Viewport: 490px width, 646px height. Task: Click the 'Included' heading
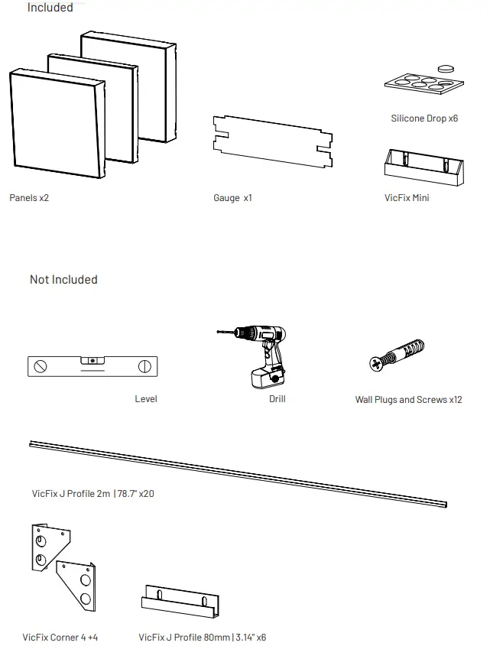tap(50, 8)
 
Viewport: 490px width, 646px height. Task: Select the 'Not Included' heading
tap(63, 280)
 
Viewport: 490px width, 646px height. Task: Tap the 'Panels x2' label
tap(29, 198)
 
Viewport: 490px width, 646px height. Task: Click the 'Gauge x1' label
tap(232, 198)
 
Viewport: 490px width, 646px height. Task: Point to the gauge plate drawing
tap(272, 142)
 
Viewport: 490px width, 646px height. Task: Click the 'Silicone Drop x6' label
tap(424, 118)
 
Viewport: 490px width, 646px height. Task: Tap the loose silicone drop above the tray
tap(446, 69)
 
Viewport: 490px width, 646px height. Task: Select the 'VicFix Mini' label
tap(407, 198)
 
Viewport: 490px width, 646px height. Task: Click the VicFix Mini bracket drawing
tap(423, 167)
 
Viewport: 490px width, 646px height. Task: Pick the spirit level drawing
tap(92, 366)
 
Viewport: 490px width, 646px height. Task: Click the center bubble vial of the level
tap(92, 359)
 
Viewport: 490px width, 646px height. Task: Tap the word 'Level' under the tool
tap(146, 400)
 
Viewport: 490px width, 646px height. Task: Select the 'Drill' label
tap(277, 400)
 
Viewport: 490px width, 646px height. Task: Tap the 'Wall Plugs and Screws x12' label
tap(408, 400)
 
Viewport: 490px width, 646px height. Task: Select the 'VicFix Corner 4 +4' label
tap(60, 637)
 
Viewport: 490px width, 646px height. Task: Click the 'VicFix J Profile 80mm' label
tap(202, 637)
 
